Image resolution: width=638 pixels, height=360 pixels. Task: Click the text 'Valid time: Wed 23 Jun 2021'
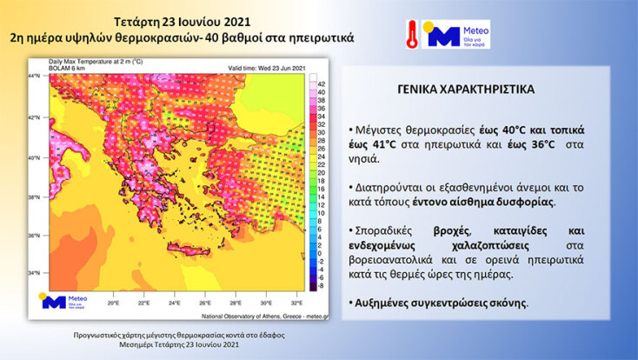268,68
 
